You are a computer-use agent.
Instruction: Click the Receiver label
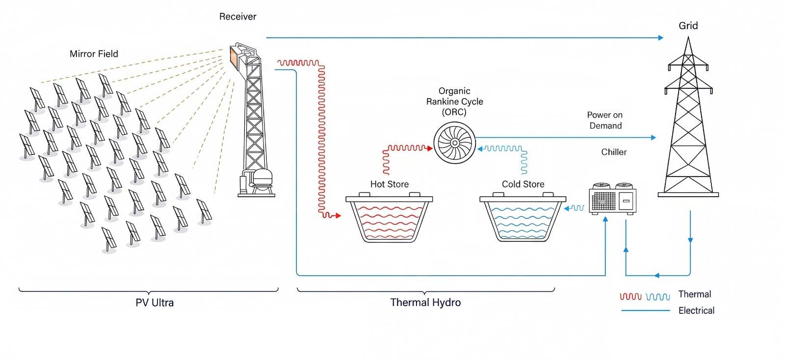click(237, 17)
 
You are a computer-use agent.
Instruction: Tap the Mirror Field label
click(94, 54)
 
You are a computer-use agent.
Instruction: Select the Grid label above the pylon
click(688, 26)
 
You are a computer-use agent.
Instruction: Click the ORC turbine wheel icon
click(454, 143)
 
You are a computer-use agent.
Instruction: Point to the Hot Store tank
click(389, 217)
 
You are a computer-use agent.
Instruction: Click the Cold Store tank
click(523, 217)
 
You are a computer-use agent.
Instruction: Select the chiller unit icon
click(613, 199)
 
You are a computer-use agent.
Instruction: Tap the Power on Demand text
click(605, 120)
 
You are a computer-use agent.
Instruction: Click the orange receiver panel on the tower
click(234, 58)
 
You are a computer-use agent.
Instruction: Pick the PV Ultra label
click(155, 303)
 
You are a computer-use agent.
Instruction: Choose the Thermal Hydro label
click(425, 303)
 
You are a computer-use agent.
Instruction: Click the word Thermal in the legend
click(695, 294)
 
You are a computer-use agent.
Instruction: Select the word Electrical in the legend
click(696, 310)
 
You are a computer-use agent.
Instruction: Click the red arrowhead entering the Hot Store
click(338, 216)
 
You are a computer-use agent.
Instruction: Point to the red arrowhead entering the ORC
click(430, 149)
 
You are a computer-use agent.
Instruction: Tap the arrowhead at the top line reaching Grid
click(661, 37)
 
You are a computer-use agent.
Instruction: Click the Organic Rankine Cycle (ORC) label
click(454, 102)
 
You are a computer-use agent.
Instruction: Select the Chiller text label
click(614, 152)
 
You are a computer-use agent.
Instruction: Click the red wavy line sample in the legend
click(630, 297)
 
